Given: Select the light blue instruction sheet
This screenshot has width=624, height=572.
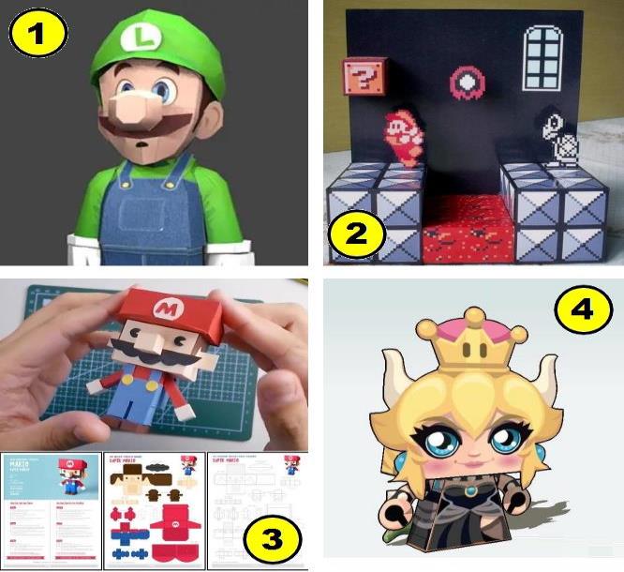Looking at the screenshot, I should click(51, 508).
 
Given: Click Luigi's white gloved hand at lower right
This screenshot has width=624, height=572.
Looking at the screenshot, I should click(222, 250).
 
